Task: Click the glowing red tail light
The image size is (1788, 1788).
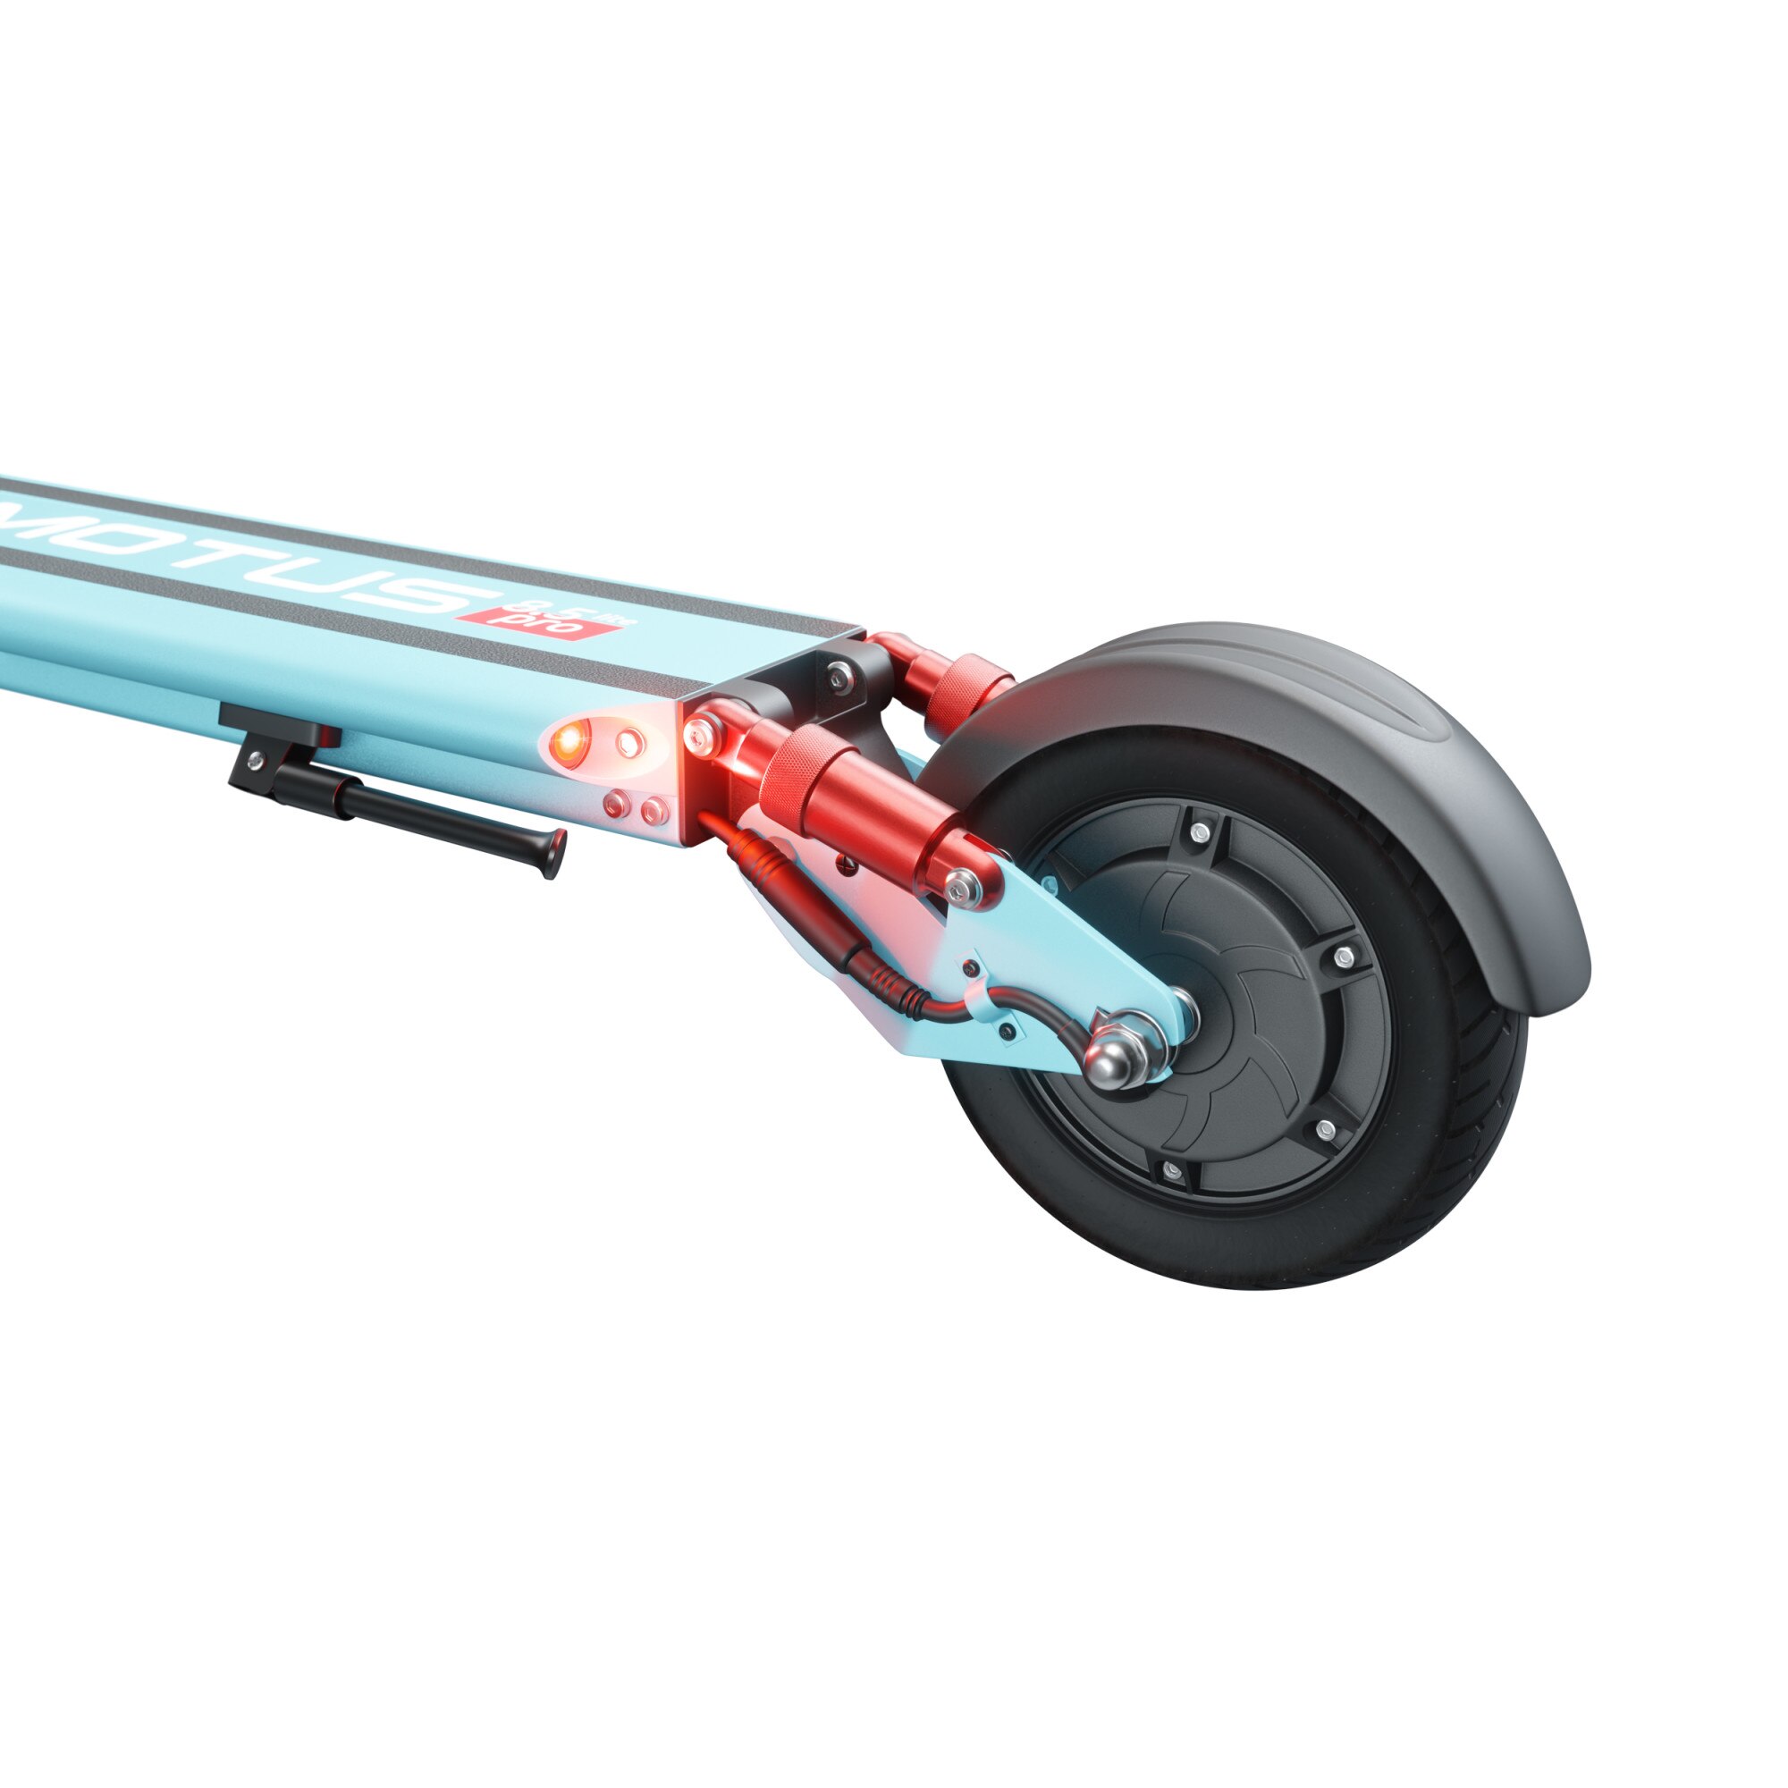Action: pyautogui.click(x=568, y=740)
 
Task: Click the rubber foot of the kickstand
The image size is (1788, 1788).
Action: pyautogui.click(x=553, y=852)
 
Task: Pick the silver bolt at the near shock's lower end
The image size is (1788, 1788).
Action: pyautogui.click(x=963, y=886)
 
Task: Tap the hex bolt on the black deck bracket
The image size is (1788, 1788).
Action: pyautogui.click(x=838, y=677)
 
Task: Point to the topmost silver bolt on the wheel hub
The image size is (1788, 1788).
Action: pyautogui.click(x=1201, y=833)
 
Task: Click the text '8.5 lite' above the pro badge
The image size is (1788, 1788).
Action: pyautogui.click(x=600, y=612)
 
